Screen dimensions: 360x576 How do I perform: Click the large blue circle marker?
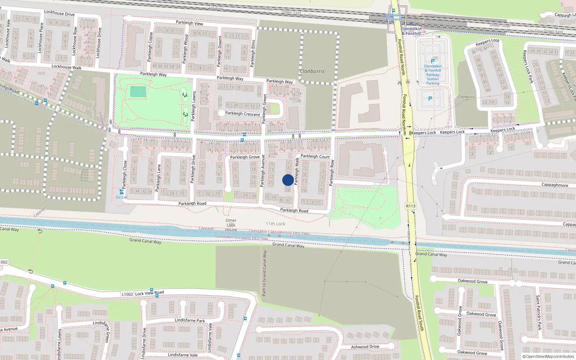[x=288, y=180]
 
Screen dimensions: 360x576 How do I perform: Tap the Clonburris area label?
[x=312, y=71]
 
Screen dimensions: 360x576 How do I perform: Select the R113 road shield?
[x=410, y=206]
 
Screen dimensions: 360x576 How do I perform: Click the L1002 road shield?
[x=127, y=294]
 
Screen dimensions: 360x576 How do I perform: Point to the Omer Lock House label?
[x=231, y=225]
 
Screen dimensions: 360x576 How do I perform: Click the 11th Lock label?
[x=275, y=224]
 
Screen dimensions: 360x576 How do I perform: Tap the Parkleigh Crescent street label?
[x=242, y=114]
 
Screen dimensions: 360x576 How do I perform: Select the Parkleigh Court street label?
[x=315, y=157]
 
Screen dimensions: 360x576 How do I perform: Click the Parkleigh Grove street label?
[x=245, y=157]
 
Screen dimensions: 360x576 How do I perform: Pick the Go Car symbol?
[x=121, y=192]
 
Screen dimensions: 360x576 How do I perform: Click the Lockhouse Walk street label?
[x=66, y=67]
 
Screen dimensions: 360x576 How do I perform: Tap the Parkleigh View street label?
[x=189, y=23]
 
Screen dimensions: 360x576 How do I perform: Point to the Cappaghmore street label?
[x=555, y=185]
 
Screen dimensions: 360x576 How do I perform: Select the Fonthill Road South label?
[x=419, y=313]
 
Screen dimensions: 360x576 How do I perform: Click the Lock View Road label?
[x=149, y=293]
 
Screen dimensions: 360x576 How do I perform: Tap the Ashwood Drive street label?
[x=365, y=347]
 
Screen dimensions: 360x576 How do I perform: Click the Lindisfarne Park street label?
[x=190, y=320]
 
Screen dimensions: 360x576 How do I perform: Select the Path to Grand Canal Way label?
[x=265, y=273]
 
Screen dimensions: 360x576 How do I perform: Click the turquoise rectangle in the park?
[x=138, y=91]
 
